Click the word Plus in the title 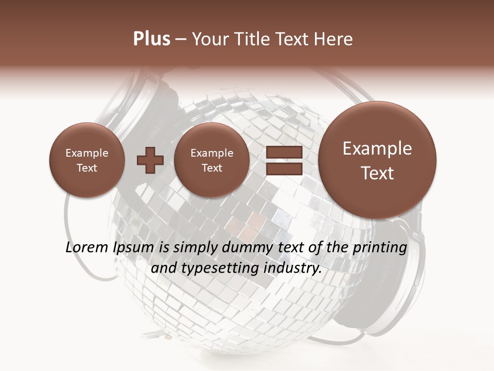coord(151,39)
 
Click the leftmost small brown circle coord(86,160)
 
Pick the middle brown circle coord(211,160)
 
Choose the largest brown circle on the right coord(377,160)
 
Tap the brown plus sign coord(150,160)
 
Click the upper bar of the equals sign coord(284,152)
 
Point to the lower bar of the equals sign coord(284,169)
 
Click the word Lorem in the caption coord(87,248)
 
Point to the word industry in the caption coord(292,268)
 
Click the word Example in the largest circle coord(377,148)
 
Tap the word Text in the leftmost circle coord(86,168)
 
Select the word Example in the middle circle coord(211,153)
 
